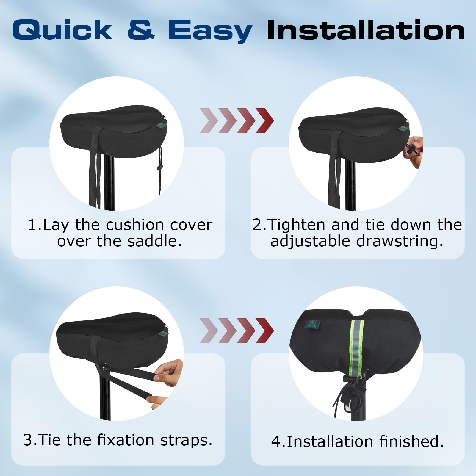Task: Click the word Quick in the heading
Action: [x=62, y=30]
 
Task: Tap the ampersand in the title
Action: [x=141, y=30]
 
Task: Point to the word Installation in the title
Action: [x=366, y=30]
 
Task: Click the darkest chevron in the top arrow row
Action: [x=264, y=120]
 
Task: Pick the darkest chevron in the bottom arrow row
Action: [x=264, y=330]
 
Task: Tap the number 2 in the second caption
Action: [x=257, y=225]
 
